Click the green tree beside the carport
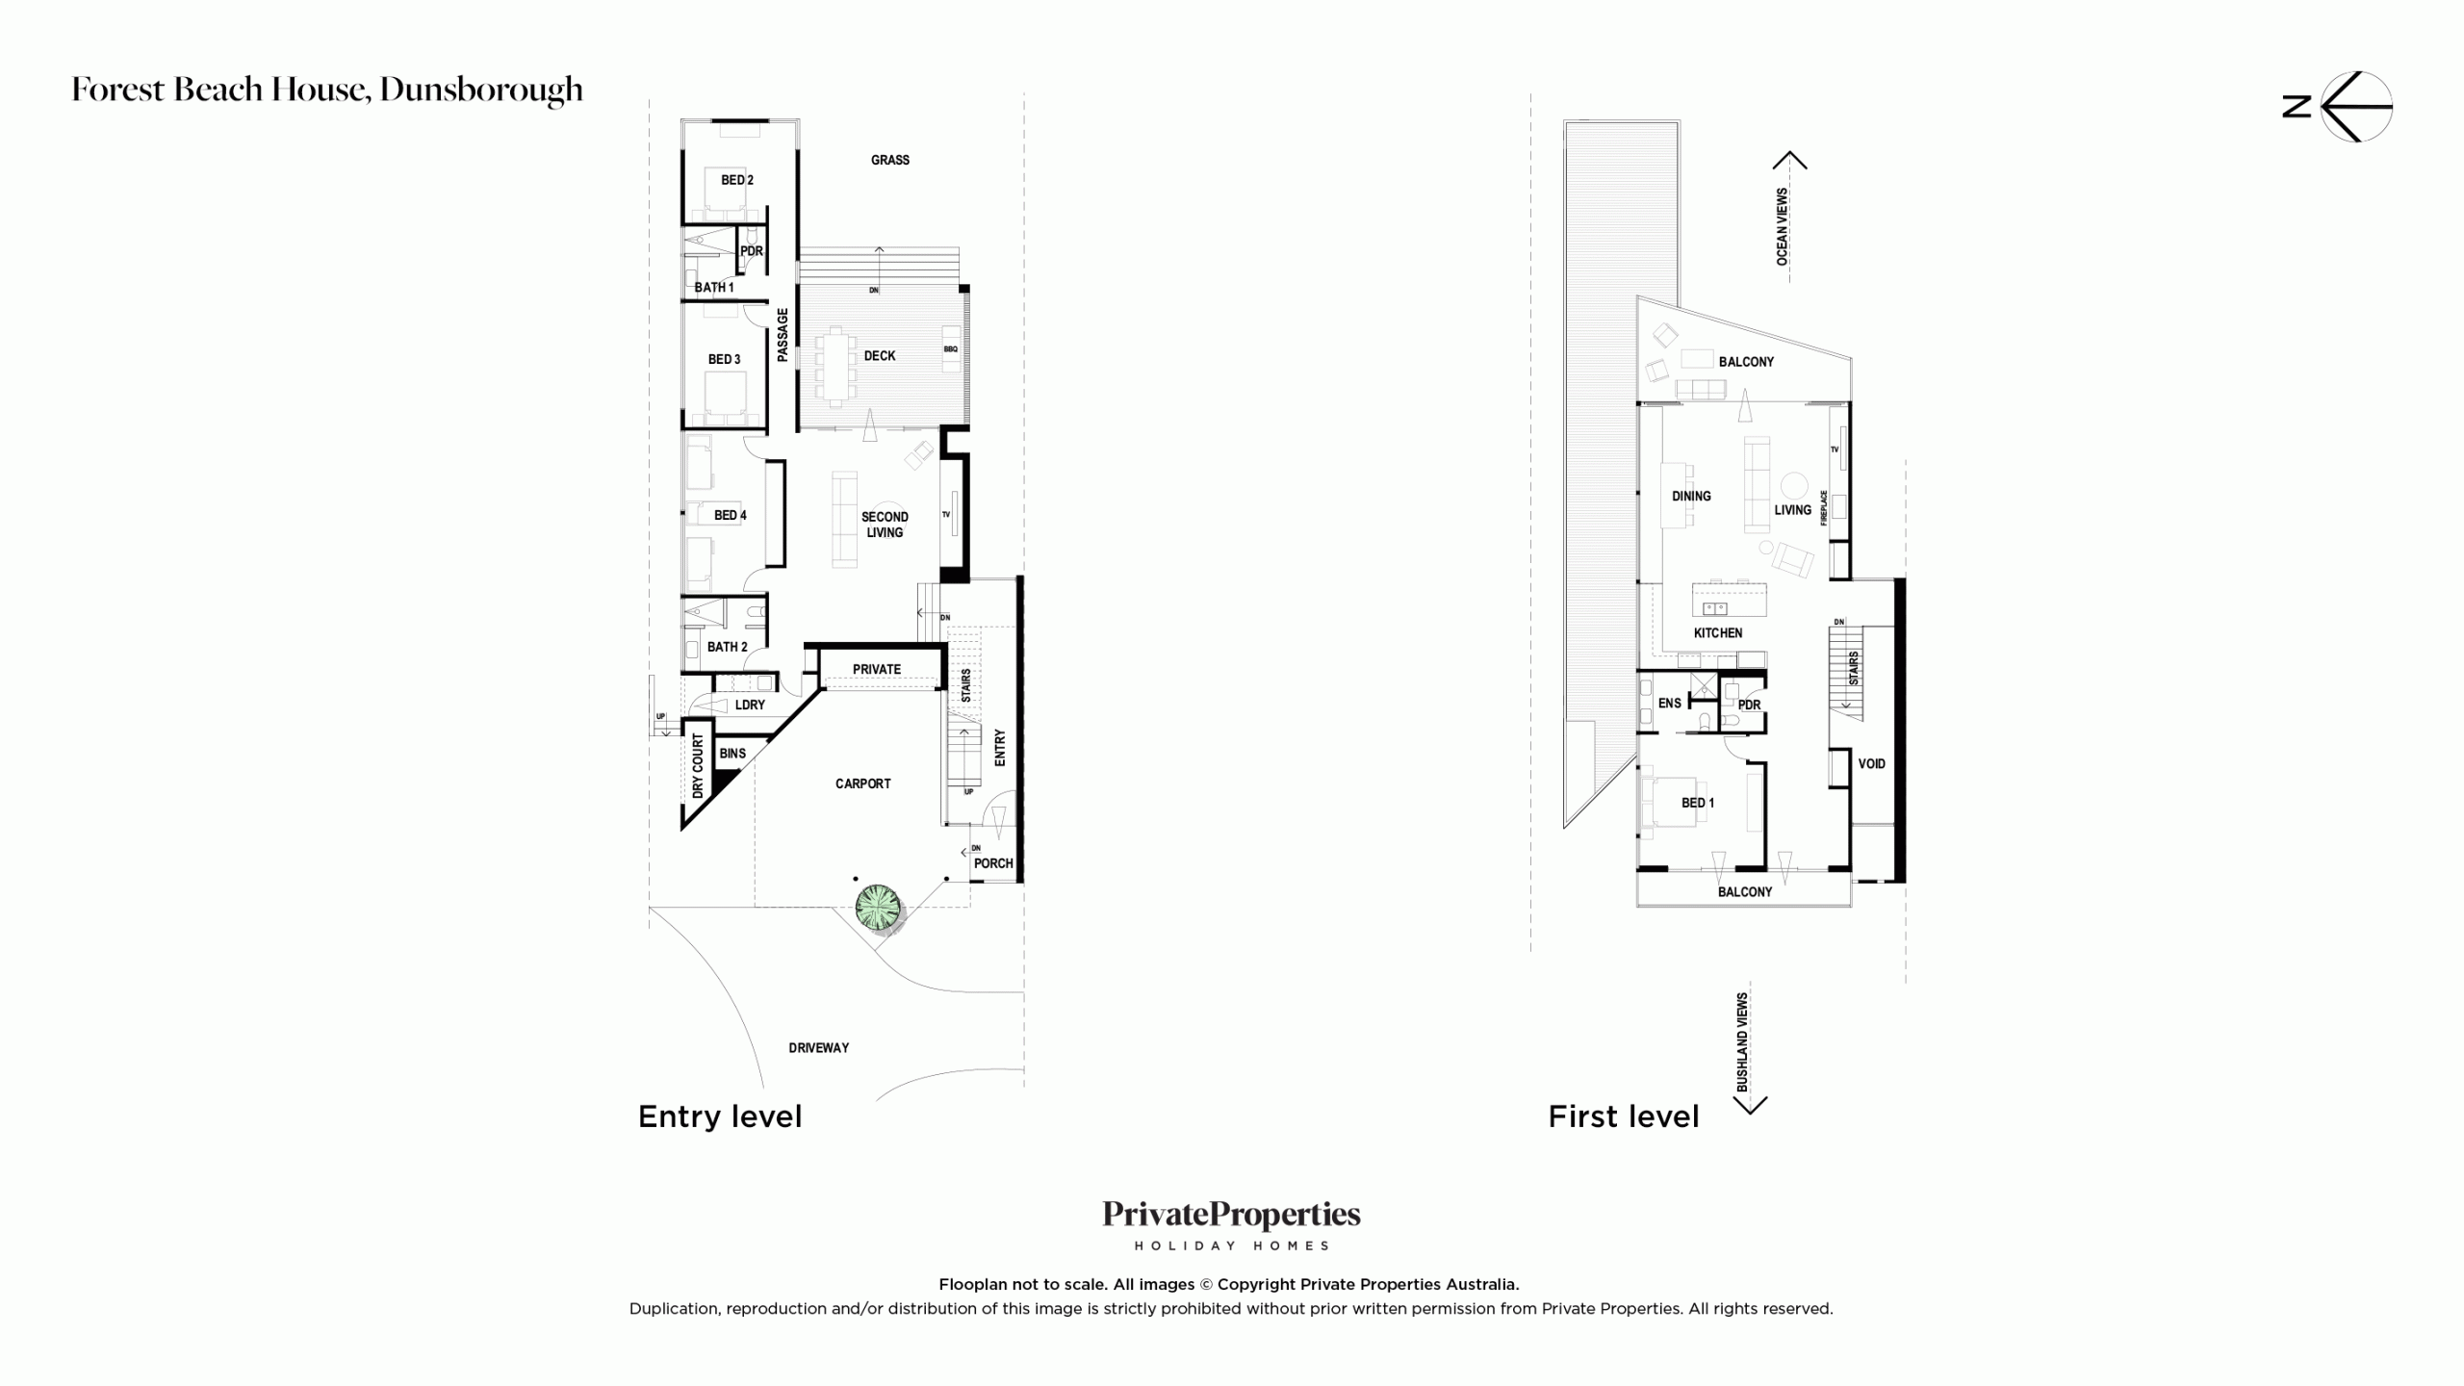pos(880,909)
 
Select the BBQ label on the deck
pos(951,349)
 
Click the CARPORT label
pos(862,783)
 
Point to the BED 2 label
pos(737,180)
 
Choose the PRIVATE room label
pos(877,669)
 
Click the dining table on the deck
pos(836,363)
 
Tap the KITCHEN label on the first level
pos(1718,632)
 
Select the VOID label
pos(1872,763)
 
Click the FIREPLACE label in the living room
pos(1824,507)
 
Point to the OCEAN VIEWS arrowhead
pos(1789,160)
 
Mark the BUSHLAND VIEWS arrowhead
pos(1750,1106)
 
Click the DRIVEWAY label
pos(819,1047)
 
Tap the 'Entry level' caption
pos(720,1116)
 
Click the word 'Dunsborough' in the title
pos(481,90)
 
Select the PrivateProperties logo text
pos(1232,1216)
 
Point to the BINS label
pos(732,753)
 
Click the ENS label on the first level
pos(1669,703)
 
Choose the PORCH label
pos(993,863)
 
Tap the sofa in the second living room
pos(844,519)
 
